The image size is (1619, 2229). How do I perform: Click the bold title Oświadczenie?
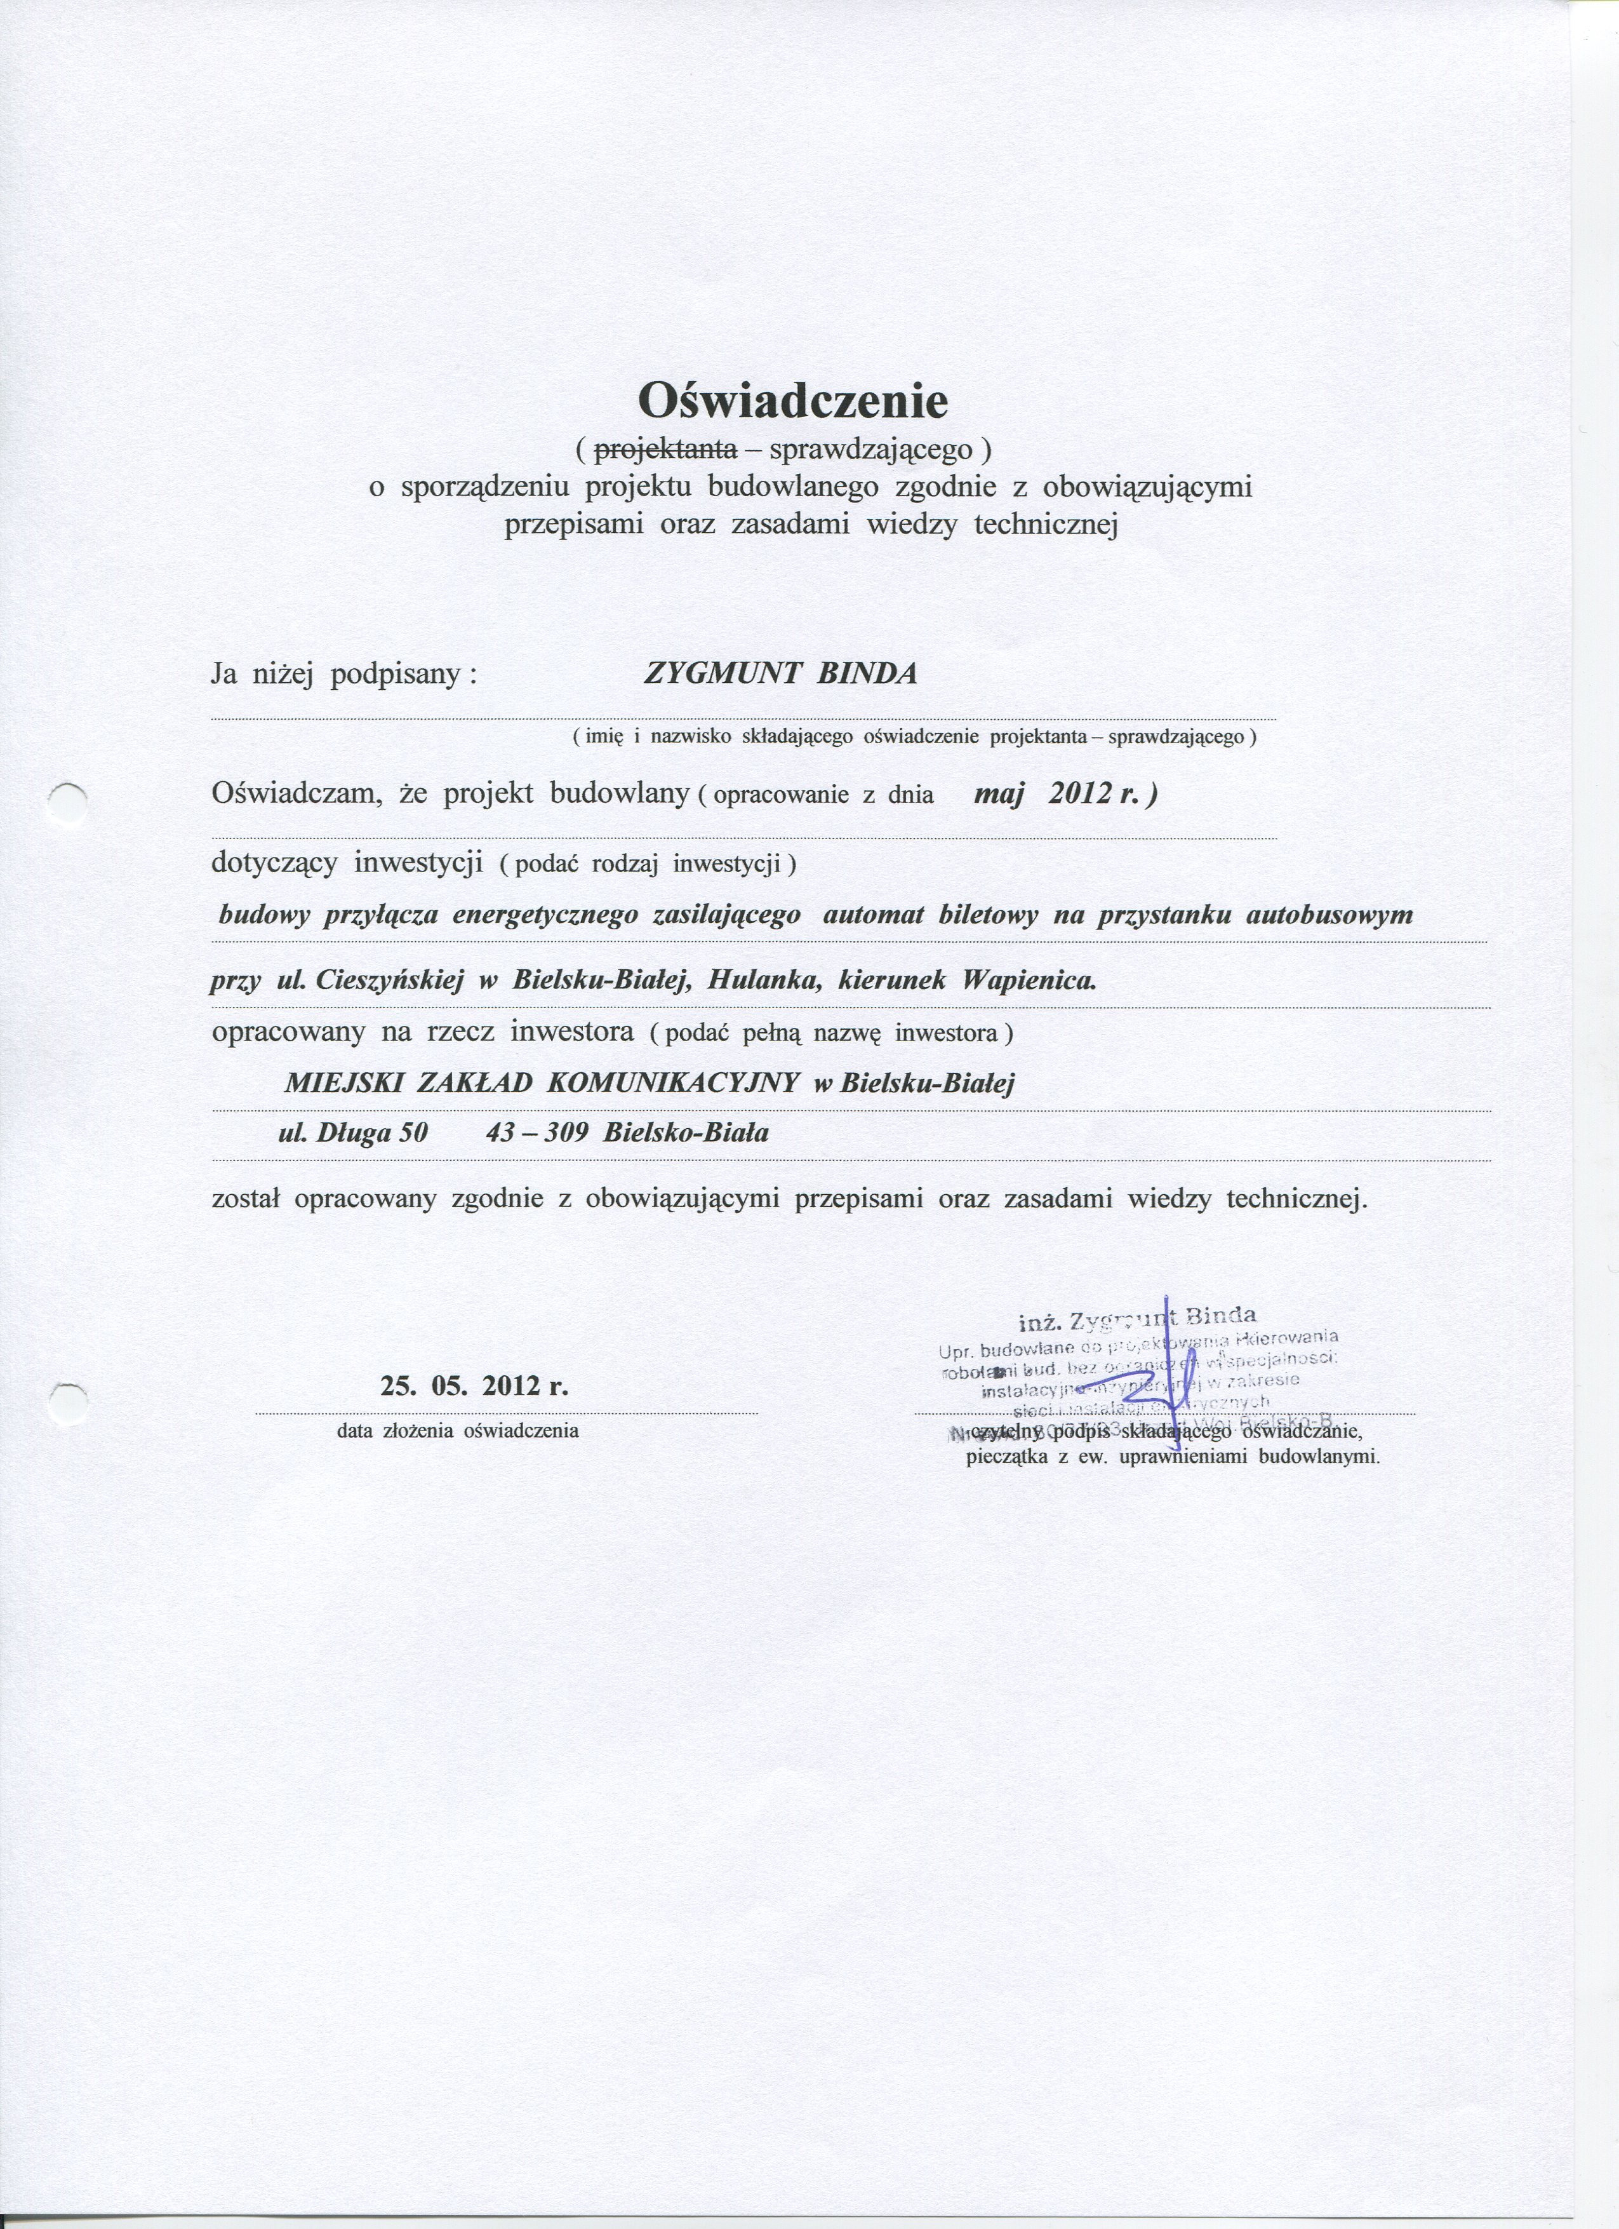pos(794,400)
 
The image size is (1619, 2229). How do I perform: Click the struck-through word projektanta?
pos(667,450)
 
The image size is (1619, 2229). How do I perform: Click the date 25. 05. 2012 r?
pos(474,1387)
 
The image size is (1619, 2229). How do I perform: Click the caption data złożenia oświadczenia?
pos(458,1431)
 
